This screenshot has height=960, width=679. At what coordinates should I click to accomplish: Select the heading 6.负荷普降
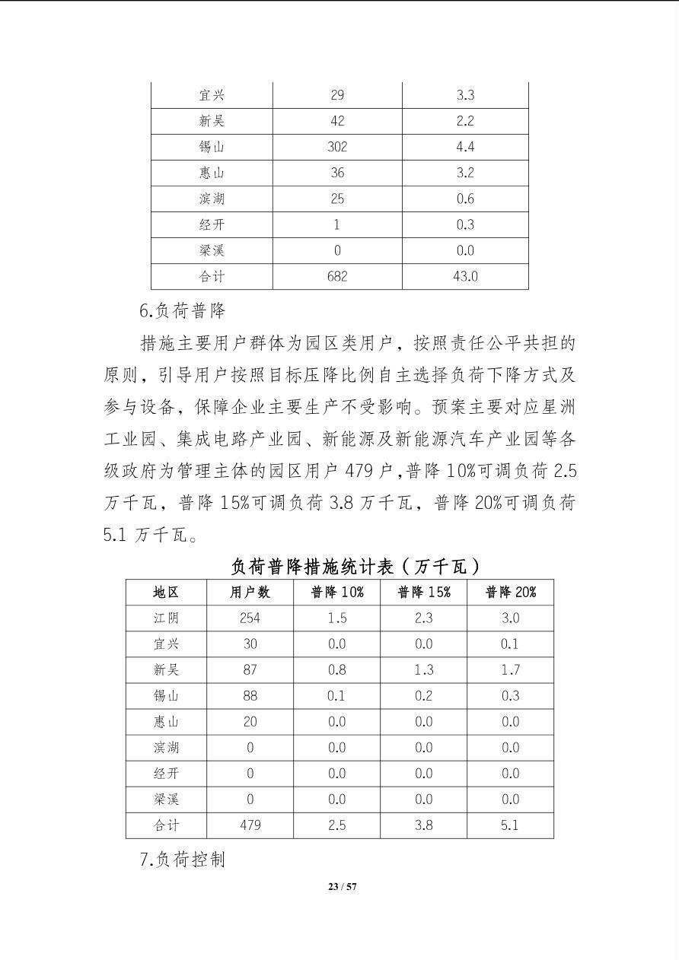pos(183,311)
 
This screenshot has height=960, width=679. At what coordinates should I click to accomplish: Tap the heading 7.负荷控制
pos(183,860)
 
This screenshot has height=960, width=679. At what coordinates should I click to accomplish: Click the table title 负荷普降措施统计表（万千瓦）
pos(356,566)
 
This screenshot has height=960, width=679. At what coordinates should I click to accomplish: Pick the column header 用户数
pos(250,592)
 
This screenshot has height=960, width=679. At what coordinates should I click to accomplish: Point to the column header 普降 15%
pos(424,592)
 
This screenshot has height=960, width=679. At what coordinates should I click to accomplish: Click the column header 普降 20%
pos(511,592)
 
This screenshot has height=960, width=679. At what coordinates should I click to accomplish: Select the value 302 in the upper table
pos(337,147)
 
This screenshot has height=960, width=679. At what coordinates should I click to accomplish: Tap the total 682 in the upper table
pos(337,276)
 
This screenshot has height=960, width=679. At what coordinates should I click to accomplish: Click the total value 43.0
pos(465,276)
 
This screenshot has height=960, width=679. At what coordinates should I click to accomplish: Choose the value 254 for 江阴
pos(250,618)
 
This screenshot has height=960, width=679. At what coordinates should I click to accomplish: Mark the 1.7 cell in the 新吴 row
pos(511,669)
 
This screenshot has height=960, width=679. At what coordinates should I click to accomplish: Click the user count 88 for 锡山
pos(250,695)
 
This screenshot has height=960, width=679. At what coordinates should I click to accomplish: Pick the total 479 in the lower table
pos(250,825)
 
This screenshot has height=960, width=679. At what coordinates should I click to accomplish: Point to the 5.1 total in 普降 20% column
pos(511,825)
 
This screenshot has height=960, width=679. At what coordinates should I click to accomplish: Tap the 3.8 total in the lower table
pos(424,825)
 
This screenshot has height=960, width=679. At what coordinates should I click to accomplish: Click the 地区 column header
pos(166,592)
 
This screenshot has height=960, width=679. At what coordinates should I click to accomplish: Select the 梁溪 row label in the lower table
pos(166,799)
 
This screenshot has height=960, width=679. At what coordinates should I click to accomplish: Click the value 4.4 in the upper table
pos(465,147)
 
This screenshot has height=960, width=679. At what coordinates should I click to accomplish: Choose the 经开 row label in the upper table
pos(212,224)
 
